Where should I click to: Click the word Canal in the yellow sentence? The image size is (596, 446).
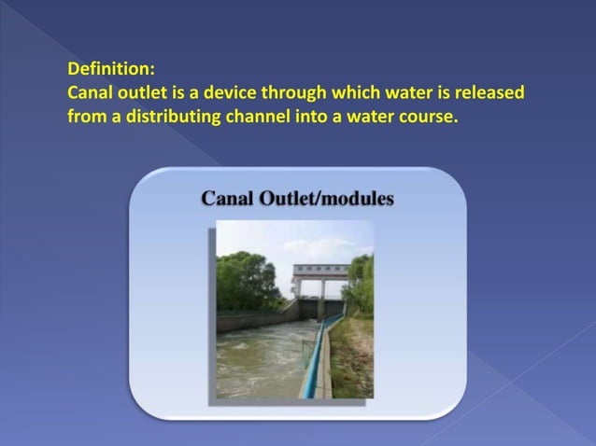click(x=91, y=93)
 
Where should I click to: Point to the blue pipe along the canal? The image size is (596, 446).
click(x=314, y=359)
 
